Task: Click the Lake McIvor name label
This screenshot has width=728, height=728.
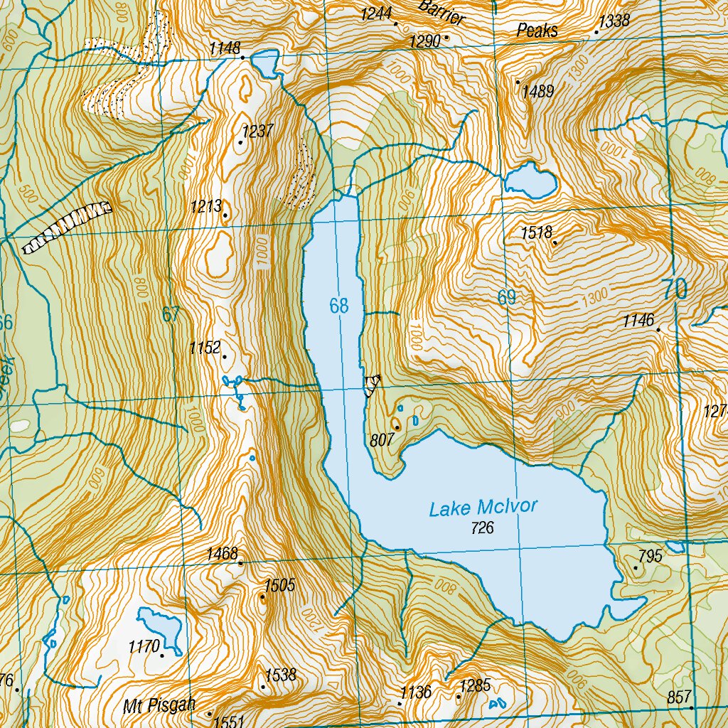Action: (x=483, y=508)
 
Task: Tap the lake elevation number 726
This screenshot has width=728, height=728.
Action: (x=482, y=528)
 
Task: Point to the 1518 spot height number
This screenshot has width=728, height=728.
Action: (x=537, y=232)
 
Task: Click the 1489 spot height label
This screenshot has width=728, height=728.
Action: (x=537, y=92)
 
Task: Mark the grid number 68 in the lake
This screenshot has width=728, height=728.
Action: (x=339, y=306)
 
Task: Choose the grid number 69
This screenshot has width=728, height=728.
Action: (x=506, y=298)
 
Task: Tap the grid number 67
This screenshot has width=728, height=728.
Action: (x=171, y=314)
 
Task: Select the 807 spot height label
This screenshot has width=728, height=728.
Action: (x=382, y=440)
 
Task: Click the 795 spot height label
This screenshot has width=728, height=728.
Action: (x=650, y=556)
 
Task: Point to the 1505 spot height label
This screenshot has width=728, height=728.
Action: (x=279, y=586)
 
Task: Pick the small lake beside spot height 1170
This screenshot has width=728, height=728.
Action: (x=161, y=626)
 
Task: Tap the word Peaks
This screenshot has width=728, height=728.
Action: (x=537, y=31)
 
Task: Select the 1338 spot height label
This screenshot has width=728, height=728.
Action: (x=614, y=21)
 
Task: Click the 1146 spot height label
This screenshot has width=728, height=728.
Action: (x=638, y=321)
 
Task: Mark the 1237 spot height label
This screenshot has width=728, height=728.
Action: (x=257, y=132)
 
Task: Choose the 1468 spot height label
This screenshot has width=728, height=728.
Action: (x=222, y=553)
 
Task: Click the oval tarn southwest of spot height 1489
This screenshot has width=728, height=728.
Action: (x=531, y=181)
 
